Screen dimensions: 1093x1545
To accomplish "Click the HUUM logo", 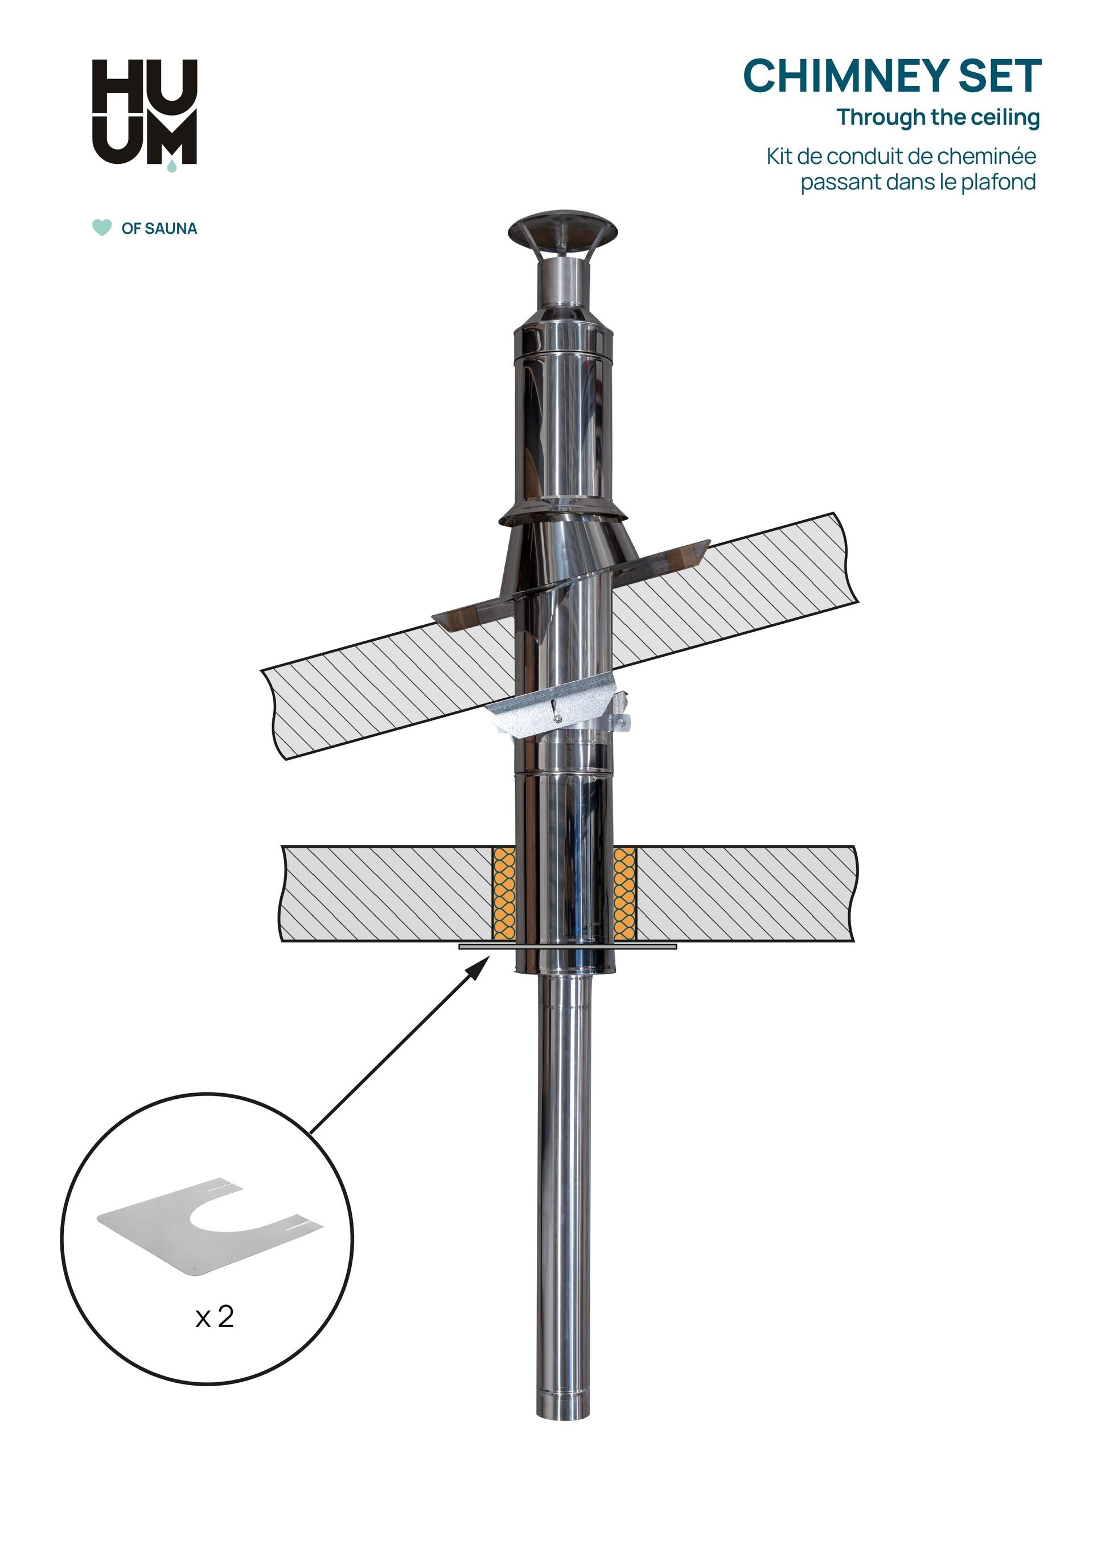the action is (x=144, y=113).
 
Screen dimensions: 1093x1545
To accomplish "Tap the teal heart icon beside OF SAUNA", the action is (x=102, y=228).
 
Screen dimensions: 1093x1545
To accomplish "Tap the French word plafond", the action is (x=998, y=182).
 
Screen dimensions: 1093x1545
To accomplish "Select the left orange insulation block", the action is (x=504, y=892).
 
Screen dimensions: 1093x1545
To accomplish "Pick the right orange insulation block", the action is (x=624, y=892).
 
